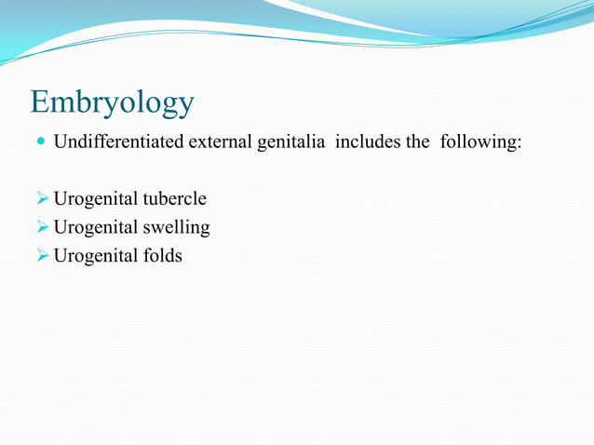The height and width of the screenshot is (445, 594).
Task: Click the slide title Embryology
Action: [112, 102]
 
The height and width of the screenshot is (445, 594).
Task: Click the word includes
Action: [362, 143]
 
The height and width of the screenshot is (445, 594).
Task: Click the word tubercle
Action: [174, 199]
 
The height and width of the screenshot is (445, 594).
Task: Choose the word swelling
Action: [176, 227]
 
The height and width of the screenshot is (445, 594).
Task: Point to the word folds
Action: [162, 255]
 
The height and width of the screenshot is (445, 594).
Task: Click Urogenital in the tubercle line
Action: [96, 199]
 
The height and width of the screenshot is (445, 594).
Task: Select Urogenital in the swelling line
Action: [96, 227]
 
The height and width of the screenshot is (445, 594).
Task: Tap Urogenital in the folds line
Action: [96, 255]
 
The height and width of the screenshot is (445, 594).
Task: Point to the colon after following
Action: [519, 145]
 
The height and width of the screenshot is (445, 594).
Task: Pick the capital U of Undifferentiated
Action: [60, 143]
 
